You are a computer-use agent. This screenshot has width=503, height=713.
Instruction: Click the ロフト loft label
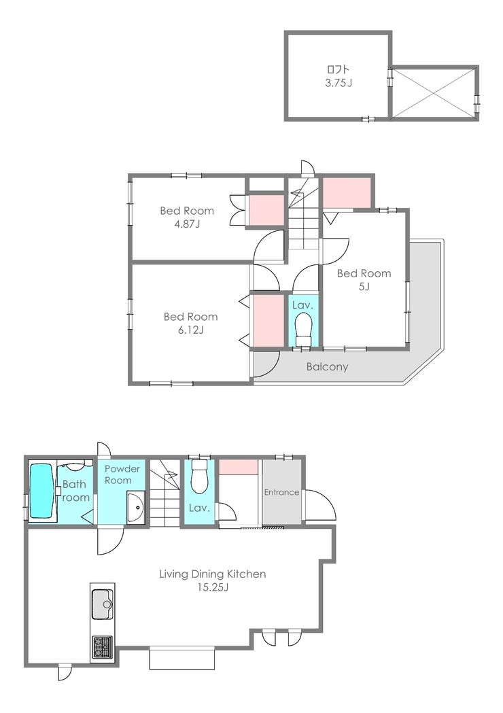(x=339, y=69)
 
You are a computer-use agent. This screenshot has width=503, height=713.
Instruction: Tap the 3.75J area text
(x=339, y=83)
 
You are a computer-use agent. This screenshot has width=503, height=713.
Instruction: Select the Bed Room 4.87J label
(x=187, y=217)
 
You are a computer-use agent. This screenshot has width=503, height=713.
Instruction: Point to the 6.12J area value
(x=190, y=330)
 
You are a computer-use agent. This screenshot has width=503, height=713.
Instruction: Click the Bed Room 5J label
(x=364, y=279)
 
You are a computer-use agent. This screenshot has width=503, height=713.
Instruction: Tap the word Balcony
(x=328, y=366)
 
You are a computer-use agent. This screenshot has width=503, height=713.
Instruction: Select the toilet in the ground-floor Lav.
(x=199, y=476)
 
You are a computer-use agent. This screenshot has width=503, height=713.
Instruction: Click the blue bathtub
(x=41, y=491)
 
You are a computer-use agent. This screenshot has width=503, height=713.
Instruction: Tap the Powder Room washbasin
(x=135, y=508)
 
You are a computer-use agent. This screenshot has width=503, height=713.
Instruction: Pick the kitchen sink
(x=103, y=604)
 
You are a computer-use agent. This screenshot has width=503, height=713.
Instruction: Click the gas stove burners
(x=103, y=646)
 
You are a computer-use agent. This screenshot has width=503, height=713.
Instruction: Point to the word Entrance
(x=281, y=492)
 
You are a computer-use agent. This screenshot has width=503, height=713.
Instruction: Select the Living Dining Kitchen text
(x=212, y=574)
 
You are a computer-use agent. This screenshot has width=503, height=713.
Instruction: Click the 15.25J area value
(x=212, y=587)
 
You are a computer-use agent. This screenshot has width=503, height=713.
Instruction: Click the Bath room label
(x=75, y=491)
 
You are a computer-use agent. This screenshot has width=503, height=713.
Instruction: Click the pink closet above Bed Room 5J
(x=347, y=192)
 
